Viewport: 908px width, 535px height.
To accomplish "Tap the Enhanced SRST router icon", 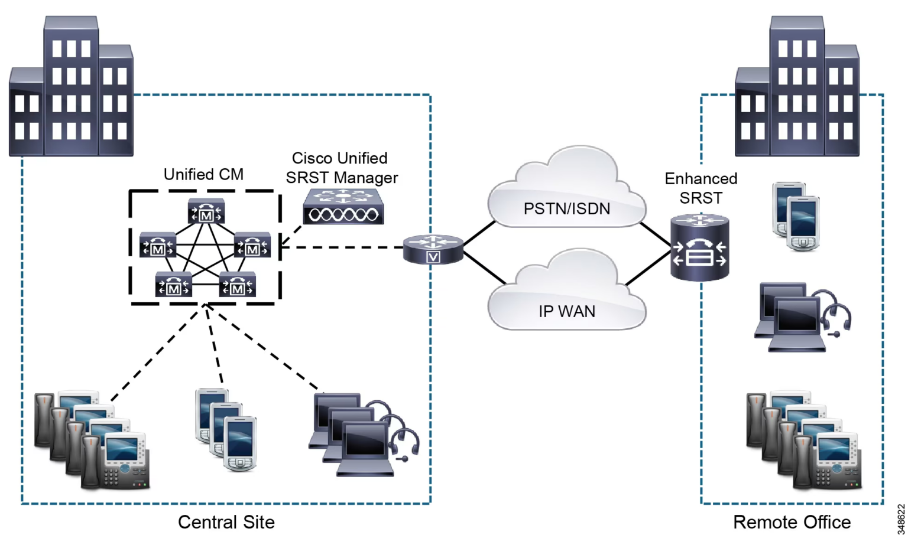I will coord(699,248).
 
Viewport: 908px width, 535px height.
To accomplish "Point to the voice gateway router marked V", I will coord(433,249).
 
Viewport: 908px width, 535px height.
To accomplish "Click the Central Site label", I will coord(226,522).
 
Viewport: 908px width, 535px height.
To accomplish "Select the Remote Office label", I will coord(792,522).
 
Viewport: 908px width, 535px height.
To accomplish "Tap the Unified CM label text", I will coord(203,174).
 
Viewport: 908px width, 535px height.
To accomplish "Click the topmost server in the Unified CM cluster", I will coord(206,211).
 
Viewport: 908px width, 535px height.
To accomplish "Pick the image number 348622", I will coord(901,518).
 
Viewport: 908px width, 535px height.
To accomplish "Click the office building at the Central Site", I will coord(71,89).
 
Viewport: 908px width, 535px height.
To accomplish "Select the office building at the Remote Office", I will coord(797,89).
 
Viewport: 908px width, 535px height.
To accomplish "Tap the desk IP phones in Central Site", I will coord(92,440).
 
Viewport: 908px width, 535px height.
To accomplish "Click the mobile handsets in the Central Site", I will coord(226,429).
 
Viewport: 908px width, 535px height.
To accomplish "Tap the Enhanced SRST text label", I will coord(701,188).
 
